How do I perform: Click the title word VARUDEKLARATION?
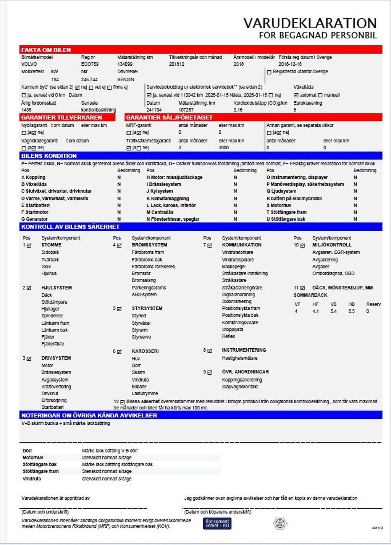tap(310, 23)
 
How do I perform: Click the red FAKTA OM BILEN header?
tap(46, 50)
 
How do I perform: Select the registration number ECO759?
tap(90, 64)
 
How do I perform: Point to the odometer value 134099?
tap(125, 64)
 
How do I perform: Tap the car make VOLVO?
tap(29, 64)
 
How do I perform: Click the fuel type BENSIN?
tap(126, 79)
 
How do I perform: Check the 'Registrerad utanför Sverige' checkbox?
tap(269, 72)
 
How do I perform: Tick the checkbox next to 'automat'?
tap(296, 95)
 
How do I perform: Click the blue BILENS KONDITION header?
tap(49, 156)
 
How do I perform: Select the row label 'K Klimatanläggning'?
tap(168, 199)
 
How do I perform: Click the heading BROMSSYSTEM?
tap(149, 245)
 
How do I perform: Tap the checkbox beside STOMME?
tap(29, 245)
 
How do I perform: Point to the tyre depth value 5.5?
tap(351, 311)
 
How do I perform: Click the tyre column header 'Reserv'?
tap(373, 304)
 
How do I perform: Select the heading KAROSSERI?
tap(145, 351)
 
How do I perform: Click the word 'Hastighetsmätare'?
tap(240, 358)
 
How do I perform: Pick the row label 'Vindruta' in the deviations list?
tap(32, 479)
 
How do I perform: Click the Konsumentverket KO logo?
tap(217, 523)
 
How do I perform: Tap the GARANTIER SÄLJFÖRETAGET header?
tap(169, 118)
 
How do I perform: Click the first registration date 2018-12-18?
tap(290, 64)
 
